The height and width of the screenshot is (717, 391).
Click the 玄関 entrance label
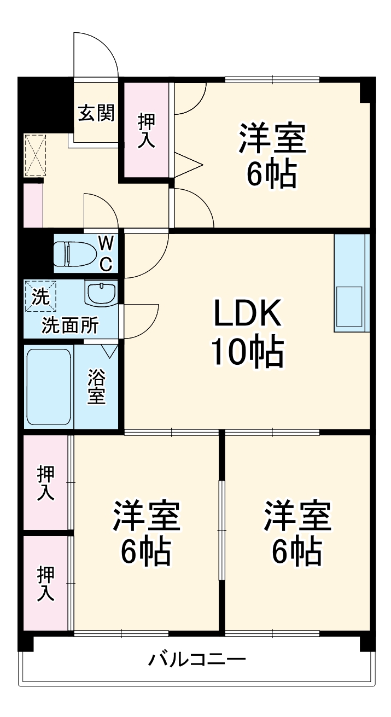[96, 113]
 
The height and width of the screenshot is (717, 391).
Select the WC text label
[106, 253]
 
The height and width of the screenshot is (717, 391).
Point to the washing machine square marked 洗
[40, 296]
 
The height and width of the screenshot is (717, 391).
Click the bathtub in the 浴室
[49, 387]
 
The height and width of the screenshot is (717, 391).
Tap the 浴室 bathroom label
[97, 387]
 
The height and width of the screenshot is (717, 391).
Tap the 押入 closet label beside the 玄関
[146, 130]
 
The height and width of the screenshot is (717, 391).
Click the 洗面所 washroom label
[71, 325]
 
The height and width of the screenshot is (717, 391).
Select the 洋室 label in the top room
[271, 139]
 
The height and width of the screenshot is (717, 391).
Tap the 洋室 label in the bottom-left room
[146, 516]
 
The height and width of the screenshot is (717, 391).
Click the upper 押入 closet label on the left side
[46, 482]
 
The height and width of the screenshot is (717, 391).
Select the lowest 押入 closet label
[46, 584]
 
